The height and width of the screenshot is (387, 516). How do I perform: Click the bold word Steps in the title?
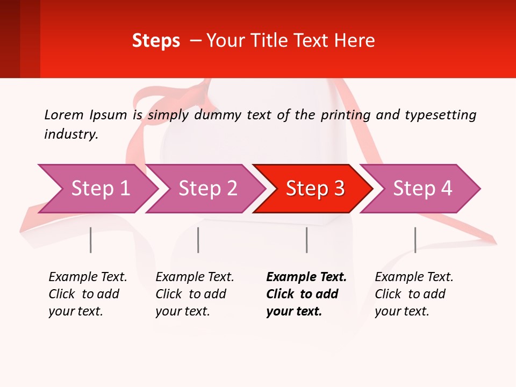click(x=156, y=41)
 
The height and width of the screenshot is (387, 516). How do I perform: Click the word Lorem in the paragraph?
click(x=64, y=114)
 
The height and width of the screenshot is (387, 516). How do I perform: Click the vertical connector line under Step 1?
click(x=91, y=240)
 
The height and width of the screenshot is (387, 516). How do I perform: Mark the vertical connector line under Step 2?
click(x=198, y=240)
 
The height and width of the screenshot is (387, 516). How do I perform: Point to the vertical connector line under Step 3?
click(x=306, y=240)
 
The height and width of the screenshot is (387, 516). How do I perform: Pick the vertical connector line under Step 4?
click(x=415, y=240)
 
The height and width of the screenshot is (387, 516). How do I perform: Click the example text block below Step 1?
click(x=88, y=294)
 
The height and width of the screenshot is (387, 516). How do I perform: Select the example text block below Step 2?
click(x=195, y=294)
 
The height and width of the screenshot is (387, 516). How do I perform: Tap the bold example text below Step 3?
click(x=306, y=294)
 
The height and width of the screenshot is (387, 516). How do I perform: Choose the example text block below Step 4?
click(x=414, y=294)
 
